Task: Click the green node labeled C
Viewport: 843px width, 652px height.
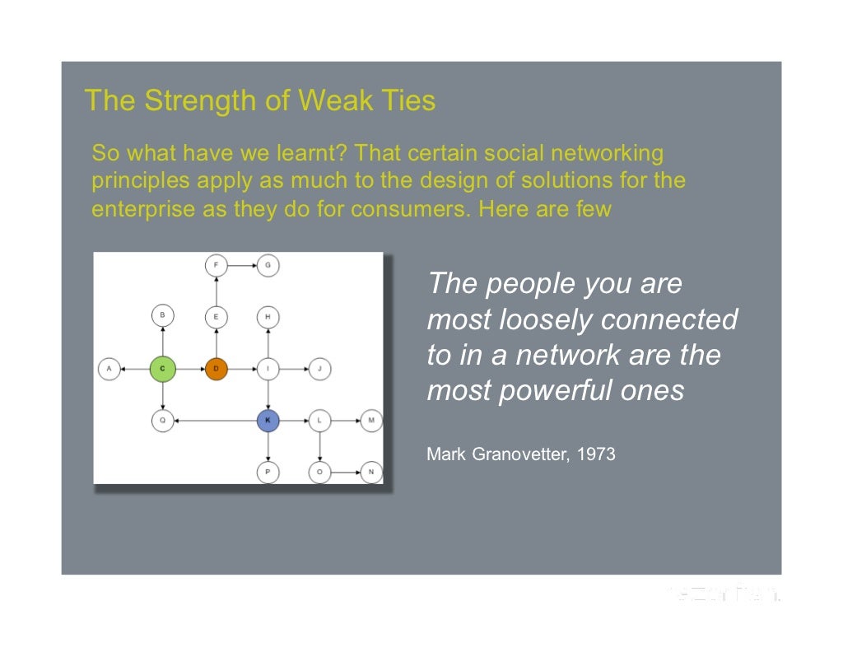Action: (x=163, y=369)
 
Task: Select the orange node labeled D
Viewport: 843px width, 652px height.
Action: (x=216, y=369)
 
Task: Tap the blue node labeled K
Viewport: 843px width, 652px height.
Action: (x=268, y=421)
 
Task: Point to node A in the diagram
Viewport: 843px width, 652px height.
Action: (x=109, y=369)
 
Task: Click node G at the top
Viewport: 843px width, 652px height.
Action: (x=268, y=265)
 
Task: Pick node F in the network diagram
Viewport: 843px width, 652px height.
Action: (x=216, y=265)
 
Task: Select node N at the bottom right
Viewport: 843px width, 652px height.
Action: (x=371, y=473)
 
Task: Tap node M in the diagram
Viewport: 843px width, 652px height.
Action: (x=371, y=421)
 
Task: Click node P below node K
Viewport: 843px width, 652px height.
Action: (x=268, y=473)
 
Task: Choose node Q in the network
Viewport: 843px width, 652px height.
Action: (x=163, y=421)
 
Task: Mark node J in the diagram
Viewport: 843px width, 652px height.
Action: (x=319, y=369)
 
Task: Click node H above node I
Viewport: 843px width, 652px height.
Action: (x=268, y=316)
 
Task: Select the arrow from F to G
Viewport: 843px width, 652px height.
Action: (x=242, y=265)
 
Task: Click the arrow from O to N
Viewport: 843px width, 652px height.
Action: (x=345, y=473)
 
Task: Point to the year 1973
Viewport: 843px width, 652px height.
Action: (x=597, y=454)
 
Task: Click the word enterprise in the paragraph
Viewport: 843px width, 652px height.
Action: (x=142, y=209)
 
